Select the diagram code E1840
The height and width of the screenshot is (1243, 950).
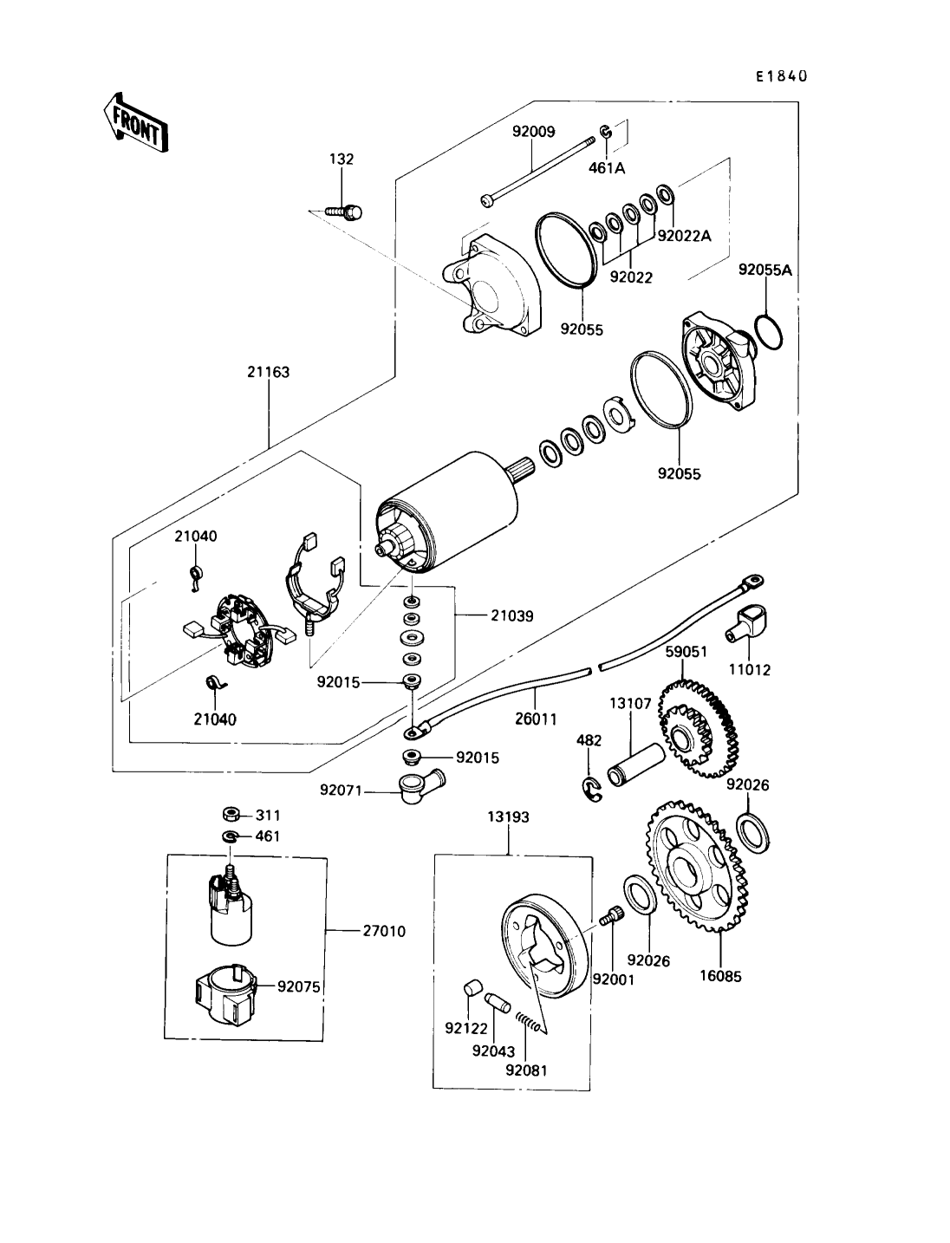(x=782, y=76)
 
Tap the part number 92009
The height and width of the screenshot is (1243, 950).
(x=533, y=132)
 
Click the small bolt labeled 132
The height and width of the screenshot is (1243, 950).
(x=345, y=213)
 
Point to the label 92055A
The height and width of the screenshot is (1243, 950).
(x=765, y=270)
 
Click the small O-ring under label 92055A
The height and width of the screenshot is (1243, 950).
(x=770, y=332)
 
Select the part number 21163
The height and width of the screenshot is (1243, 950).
(x=269, y=372)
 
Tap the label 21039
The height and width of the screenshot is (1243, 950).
(x=511, y=615)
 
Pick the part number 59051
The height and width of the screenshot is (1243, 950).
(x=686, y=652)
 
